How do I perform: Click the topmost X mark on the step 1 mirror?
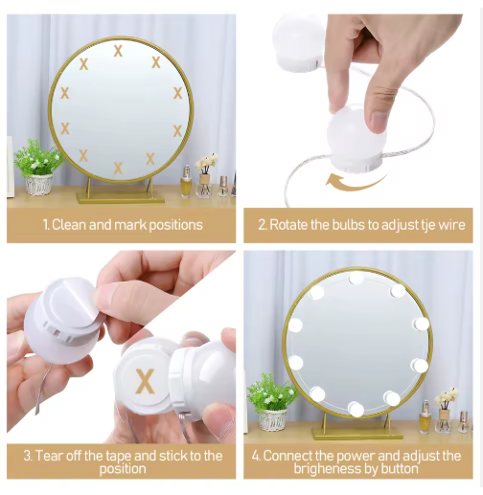pos(118,51)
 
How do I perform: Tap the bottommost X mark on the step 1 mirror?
pos(118,168)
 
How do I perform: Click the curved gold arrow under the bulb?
pos(356,182)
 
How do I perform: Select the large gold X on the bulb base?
pos(145,381)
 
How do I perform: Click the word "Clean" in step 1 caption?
pos(69,225)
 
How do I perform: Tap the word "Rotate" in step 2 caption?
pos(288,225)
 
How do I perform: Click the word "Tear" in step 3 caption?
pos(49,456)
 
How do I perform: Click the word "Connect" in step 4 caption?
pos(290,456)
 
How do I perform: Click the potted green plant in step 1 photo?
pos(38,167)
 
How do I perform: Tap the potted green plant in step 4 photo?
pos(271,402)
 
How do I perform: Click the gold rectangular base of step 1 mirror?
pos(121,197)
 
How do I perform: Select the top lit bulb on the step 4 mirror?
pos(356,278)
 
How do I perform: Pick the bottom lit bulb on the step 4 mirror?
pos(356,409)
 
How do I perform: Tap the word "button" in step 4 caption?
pos(400,469)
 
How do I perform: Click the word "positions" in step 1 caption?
pos(175,225)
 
